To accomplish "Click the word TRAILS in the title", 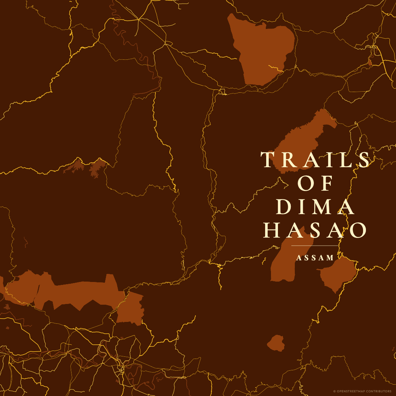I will [x=315, y=160].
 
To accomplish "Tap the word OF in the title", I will [x=315, y=183].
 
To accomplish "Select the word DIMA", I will [x=315, y=207].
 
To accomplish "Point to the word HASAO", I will [x=315, y=230].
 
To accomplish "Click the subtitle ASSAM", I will [x=315, y=258].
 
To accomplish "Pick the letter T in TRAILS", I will [x=267, y=160].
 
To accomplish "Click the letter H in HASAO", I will [x=271, y=230].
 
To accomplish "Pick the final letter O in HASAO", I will [x=358, y=230].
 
